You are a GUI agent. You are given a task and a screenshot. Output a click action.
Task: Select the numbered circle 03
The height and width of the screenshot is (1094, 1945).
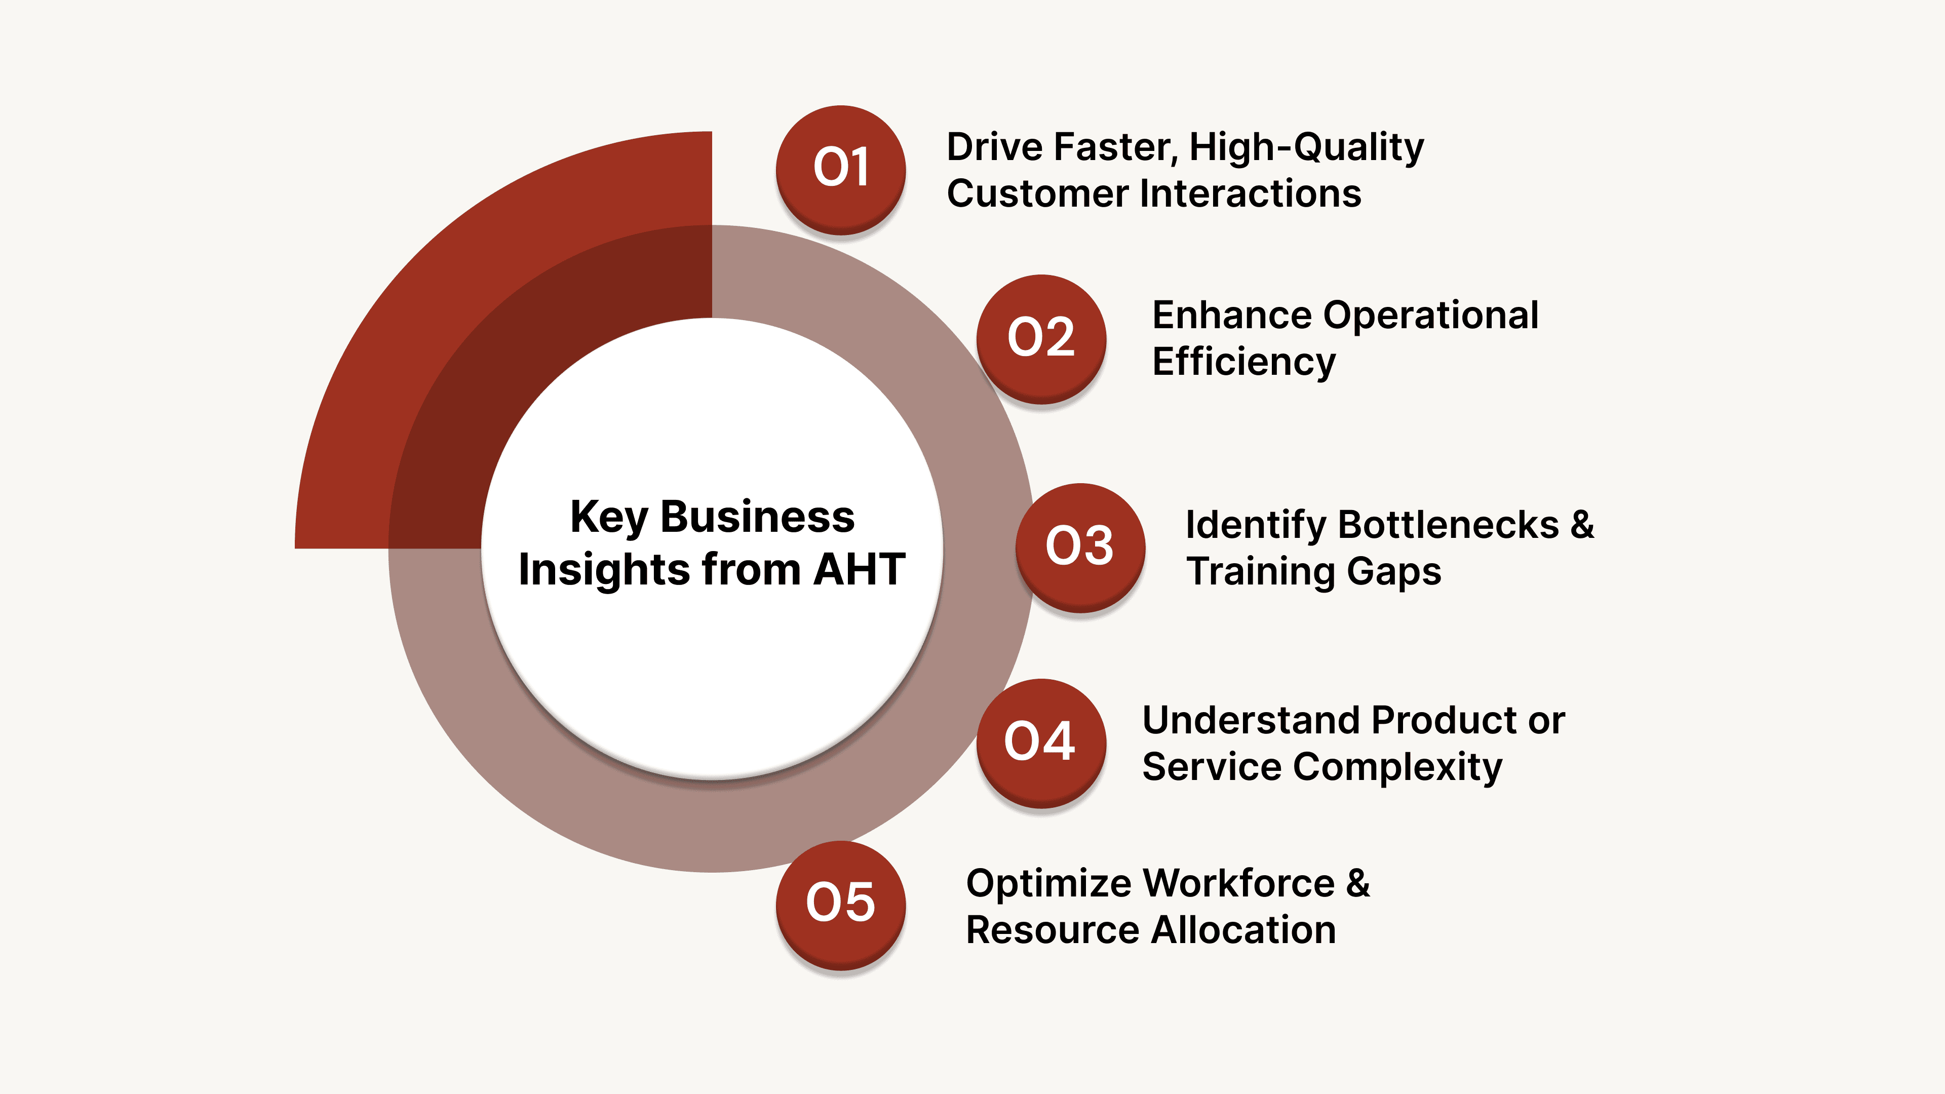click(x=1080, y=546)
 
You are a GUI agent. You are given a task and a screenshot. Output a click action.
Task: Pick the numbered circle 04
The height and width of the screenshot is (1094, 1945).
click(x=1040, y=742)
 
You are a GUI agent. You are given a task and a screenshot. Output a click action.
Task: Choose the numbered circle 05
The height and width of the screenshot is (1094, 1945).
click(x=840, y=904)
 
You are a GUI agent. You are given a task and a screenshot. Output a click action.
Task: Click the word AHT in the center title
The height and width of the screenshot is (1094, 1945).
click(x=859, y=569)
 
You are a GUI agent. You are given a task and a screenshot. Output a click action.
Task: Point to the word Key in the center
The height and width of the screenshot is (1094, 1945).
click(x=608, y=518)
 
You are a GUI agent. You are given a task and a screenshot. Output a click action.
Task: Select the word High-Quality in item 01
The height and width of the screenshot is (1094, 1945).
click(x=1306, y=147)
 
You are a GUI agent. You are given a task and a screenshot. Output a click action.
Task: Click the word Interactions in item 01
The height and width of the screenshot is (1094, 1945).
click(x=1251, y=193)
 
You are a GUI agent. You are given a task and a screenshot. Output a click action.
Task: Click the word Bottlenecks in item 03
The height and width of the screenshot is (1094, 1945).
click(x=1448, y=525)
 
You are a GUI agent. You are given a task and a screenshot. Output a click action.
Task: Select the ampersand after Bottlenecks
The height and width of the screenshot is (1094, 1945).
click(x=1582, y=525)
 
